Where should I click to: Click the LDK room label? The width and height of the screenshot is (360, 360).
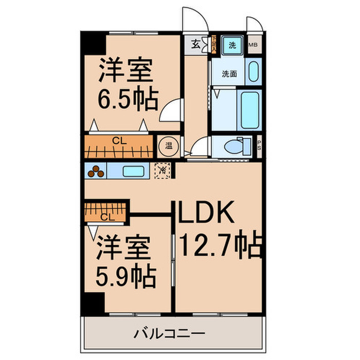coord(206,212)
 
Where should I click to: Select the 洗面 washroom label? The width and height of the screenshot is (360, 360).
coord(229,74)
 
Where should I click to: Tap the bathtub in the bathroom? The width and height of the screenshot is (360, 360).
coord(249,110)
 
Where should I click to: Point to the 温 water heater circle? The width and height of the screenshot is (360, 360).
coord(168,145)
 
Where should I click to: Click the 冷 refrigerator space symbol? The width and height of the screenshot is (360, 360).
coord(161,169)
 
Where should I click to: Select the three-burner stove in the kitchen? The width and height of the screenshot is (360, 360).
coord(96,170)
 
